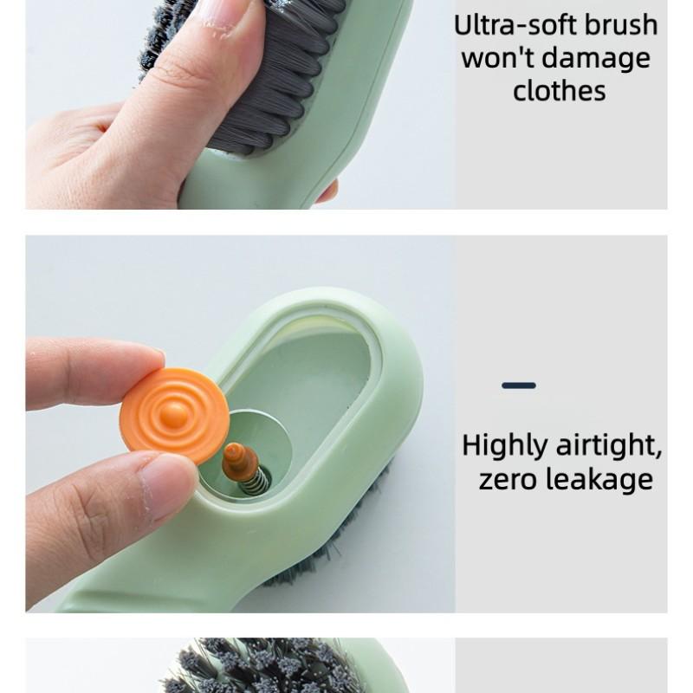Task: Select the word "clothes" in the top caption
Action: coord(559,91)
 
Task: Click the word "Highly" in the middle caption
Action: coord(503,447)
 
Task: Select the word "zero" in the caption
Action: coord(511,479)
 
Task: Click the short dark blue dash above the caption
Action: coord(519,385)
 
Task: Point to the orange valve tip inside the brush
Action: coord(238,460)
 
